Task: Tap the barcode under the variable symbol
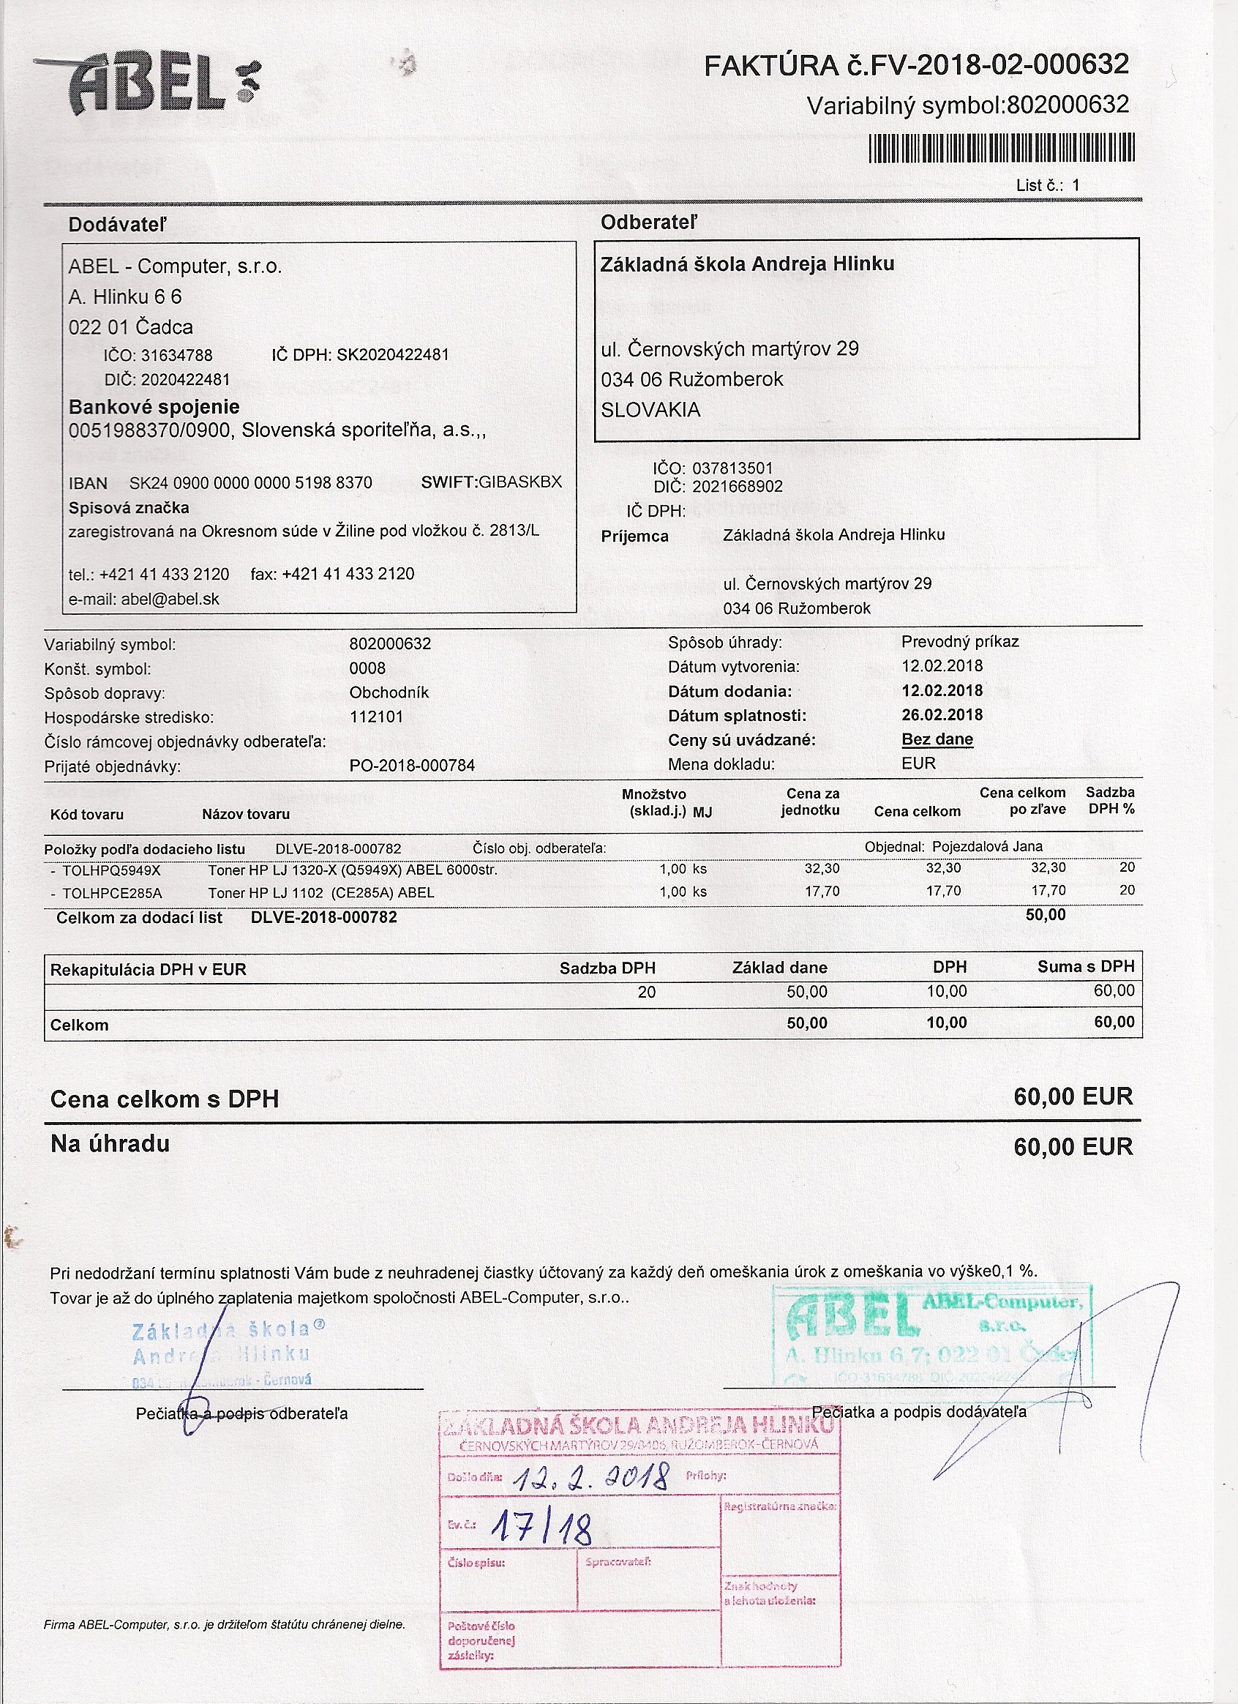pyautogui.click(x=1002, y=148)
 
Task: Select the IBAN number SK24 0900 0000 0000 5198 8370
pyautogui.click(x=250, y=483)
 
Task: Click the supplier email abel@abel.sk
pyautogui.click(x=170, y=599)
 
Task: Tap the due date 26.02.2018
pyautogui.click(x=942, y=714)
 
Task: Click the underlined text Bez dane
pyautogui.click(x=937, y=739)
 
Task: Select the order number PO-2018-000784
pyautogui.click(x=412, y=766)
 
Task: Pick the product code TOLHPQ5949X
pyautogui.click(x=111, y=870)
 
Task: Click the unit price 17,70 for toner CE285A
pyautogui.click(x=822, y=892)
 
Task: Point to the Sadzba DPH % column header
pyautogui.click(x=1109, y=801)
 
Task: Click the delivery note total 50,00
pyautogui.click(x=1045, y=915)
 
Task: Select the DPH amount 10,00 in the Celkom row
pyautogui.click(x=947, y=1023)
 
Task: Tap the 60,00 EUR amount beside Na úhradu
pyautogui.click(x=1073, y=1146)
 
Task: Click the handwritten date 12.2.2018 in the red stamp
pyautogui.click(x=590, y=1478)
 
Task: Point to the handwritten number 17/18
pyautogui.click(x=541, y=1528)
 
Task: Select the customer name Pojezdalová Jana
pyautogui.click(x=987, y=847)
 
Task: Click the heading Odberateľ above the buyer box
pyautogui.click(x=648, y=223)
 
